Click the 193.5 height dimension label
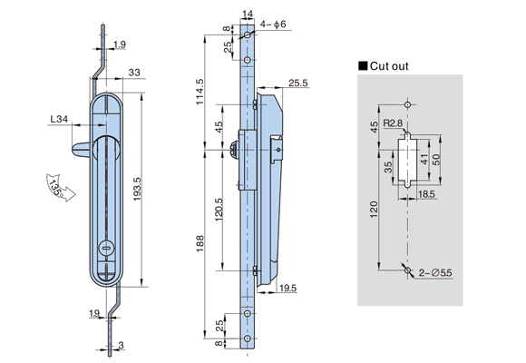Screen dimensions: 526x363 pyautogui.click(x=138, y=189)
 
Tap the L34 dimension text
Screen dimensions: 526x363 pyautogui.click(x=59, y=119)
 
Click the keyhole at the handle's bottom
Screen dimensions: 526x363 pyautogui.click(x=106, y=249)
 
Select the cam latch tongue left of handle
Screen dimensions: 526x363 pyautogui.click(x=81, y=150)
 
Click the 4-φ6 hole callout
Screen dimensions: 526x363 pyautogui.click(x=273, y=25)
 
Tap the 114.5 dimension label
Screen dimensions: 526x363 pyautogui.click(x=200, y=92)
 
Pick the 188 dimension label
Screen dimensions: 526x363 pyautogui.click(x=200, y=243)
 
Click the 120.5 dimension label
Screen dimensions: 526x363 pyautogui.click(x=219, y=210)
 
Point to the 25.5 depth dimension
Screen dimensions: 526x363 pyautogui.click(x=297, y=83)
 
